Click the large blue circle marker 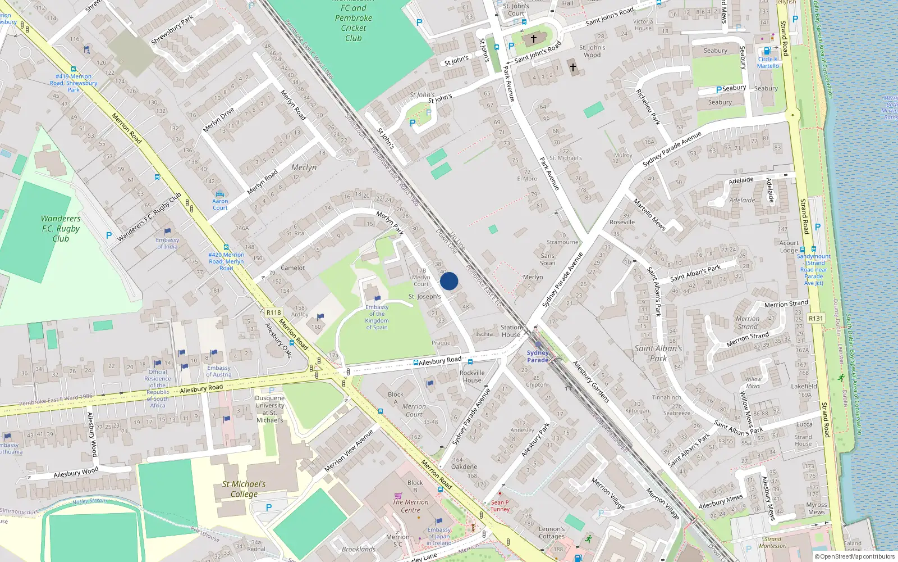click(x=449, y=281)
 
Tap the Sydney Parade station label click(x=537, y=356)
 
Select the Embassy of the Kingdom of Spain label click(x=377, y=318)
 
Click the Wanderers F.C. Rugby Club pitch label click(x=61, y=228)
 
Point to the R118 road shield click(x=274, y=312)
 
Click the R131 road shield click(x=815, y=318)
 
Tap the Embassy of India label click(x=167, y=243)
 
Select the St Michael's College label click(x=244, y=489)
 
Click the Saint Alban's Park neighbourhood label click(x=658, y=353)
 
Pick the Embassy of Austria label click(x=218, y=371)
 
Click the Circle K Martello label click(x=768, y=62)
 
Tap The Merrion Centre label click(x=410, y=506)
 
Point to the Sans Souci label click(x=547, y=259)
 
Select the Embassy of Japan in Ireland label click(x=439, y=536)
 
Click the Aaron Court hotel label click(x=220, y=204)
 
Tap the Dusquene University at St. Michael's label click(x=269, y=409)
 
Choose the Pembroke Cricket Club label click(x=353, y=22)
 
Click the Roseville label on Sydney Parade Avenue click(x=622, y=222)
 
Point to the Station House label click(x=511, y=330)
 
